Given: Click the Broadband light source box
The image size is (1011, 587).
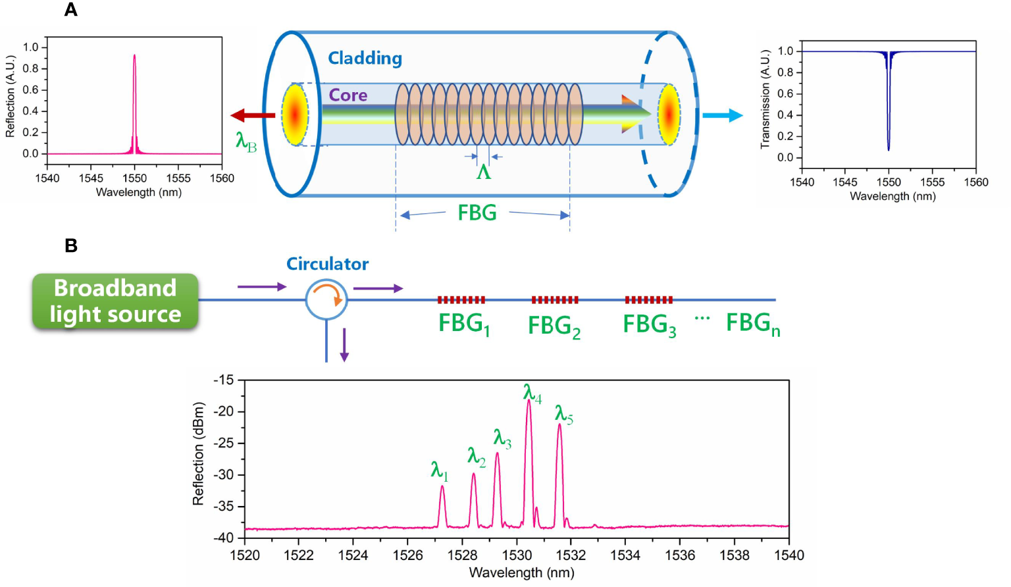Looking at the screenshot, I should (115, 301).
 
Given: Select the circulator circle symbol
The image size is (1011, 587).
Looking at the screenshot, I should (326, 299).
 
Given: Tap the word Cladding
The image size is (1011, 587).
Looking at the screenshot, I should (365, 59).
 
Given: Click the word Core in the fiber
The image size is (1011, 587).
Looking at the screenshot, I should (348, 95).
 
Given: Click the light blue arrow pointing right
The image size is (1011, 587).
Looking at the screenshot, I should (722, 116).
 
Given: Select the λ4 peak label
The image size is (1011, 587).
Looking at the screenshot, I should (532, 394).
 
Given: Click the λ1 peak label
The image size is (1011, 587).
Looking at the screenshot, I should (439, 471).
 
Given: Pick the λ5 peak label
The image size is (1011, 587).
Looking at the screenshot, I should (563, 414).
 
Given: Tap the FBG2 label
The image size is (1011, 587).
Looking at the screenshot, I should (554, 326).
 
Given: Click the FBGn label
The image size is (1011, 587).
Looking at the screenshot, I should (752, 324).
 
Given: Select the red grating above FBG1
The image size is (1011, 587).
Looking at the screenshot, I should (461, 300).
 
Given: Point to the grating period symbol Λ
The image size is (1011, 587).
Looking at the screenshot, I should (484, 172).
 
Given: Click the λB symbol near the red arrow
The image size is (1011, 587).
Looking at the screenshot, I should (246, 141).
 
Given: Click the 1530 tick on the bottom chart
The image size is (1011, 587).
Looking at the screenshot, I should (517, 555).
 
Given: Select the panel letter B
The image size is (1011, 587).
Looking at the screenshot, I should (71, 245).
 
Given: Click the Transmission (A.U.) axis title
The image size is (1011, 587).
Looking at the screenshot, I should (765, 99).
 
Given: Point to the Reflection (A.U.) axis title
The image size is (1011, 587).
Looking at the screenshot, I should (10, 96).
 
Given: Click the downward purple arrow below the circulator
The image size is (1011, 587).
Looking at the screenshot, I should (344, 345).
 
